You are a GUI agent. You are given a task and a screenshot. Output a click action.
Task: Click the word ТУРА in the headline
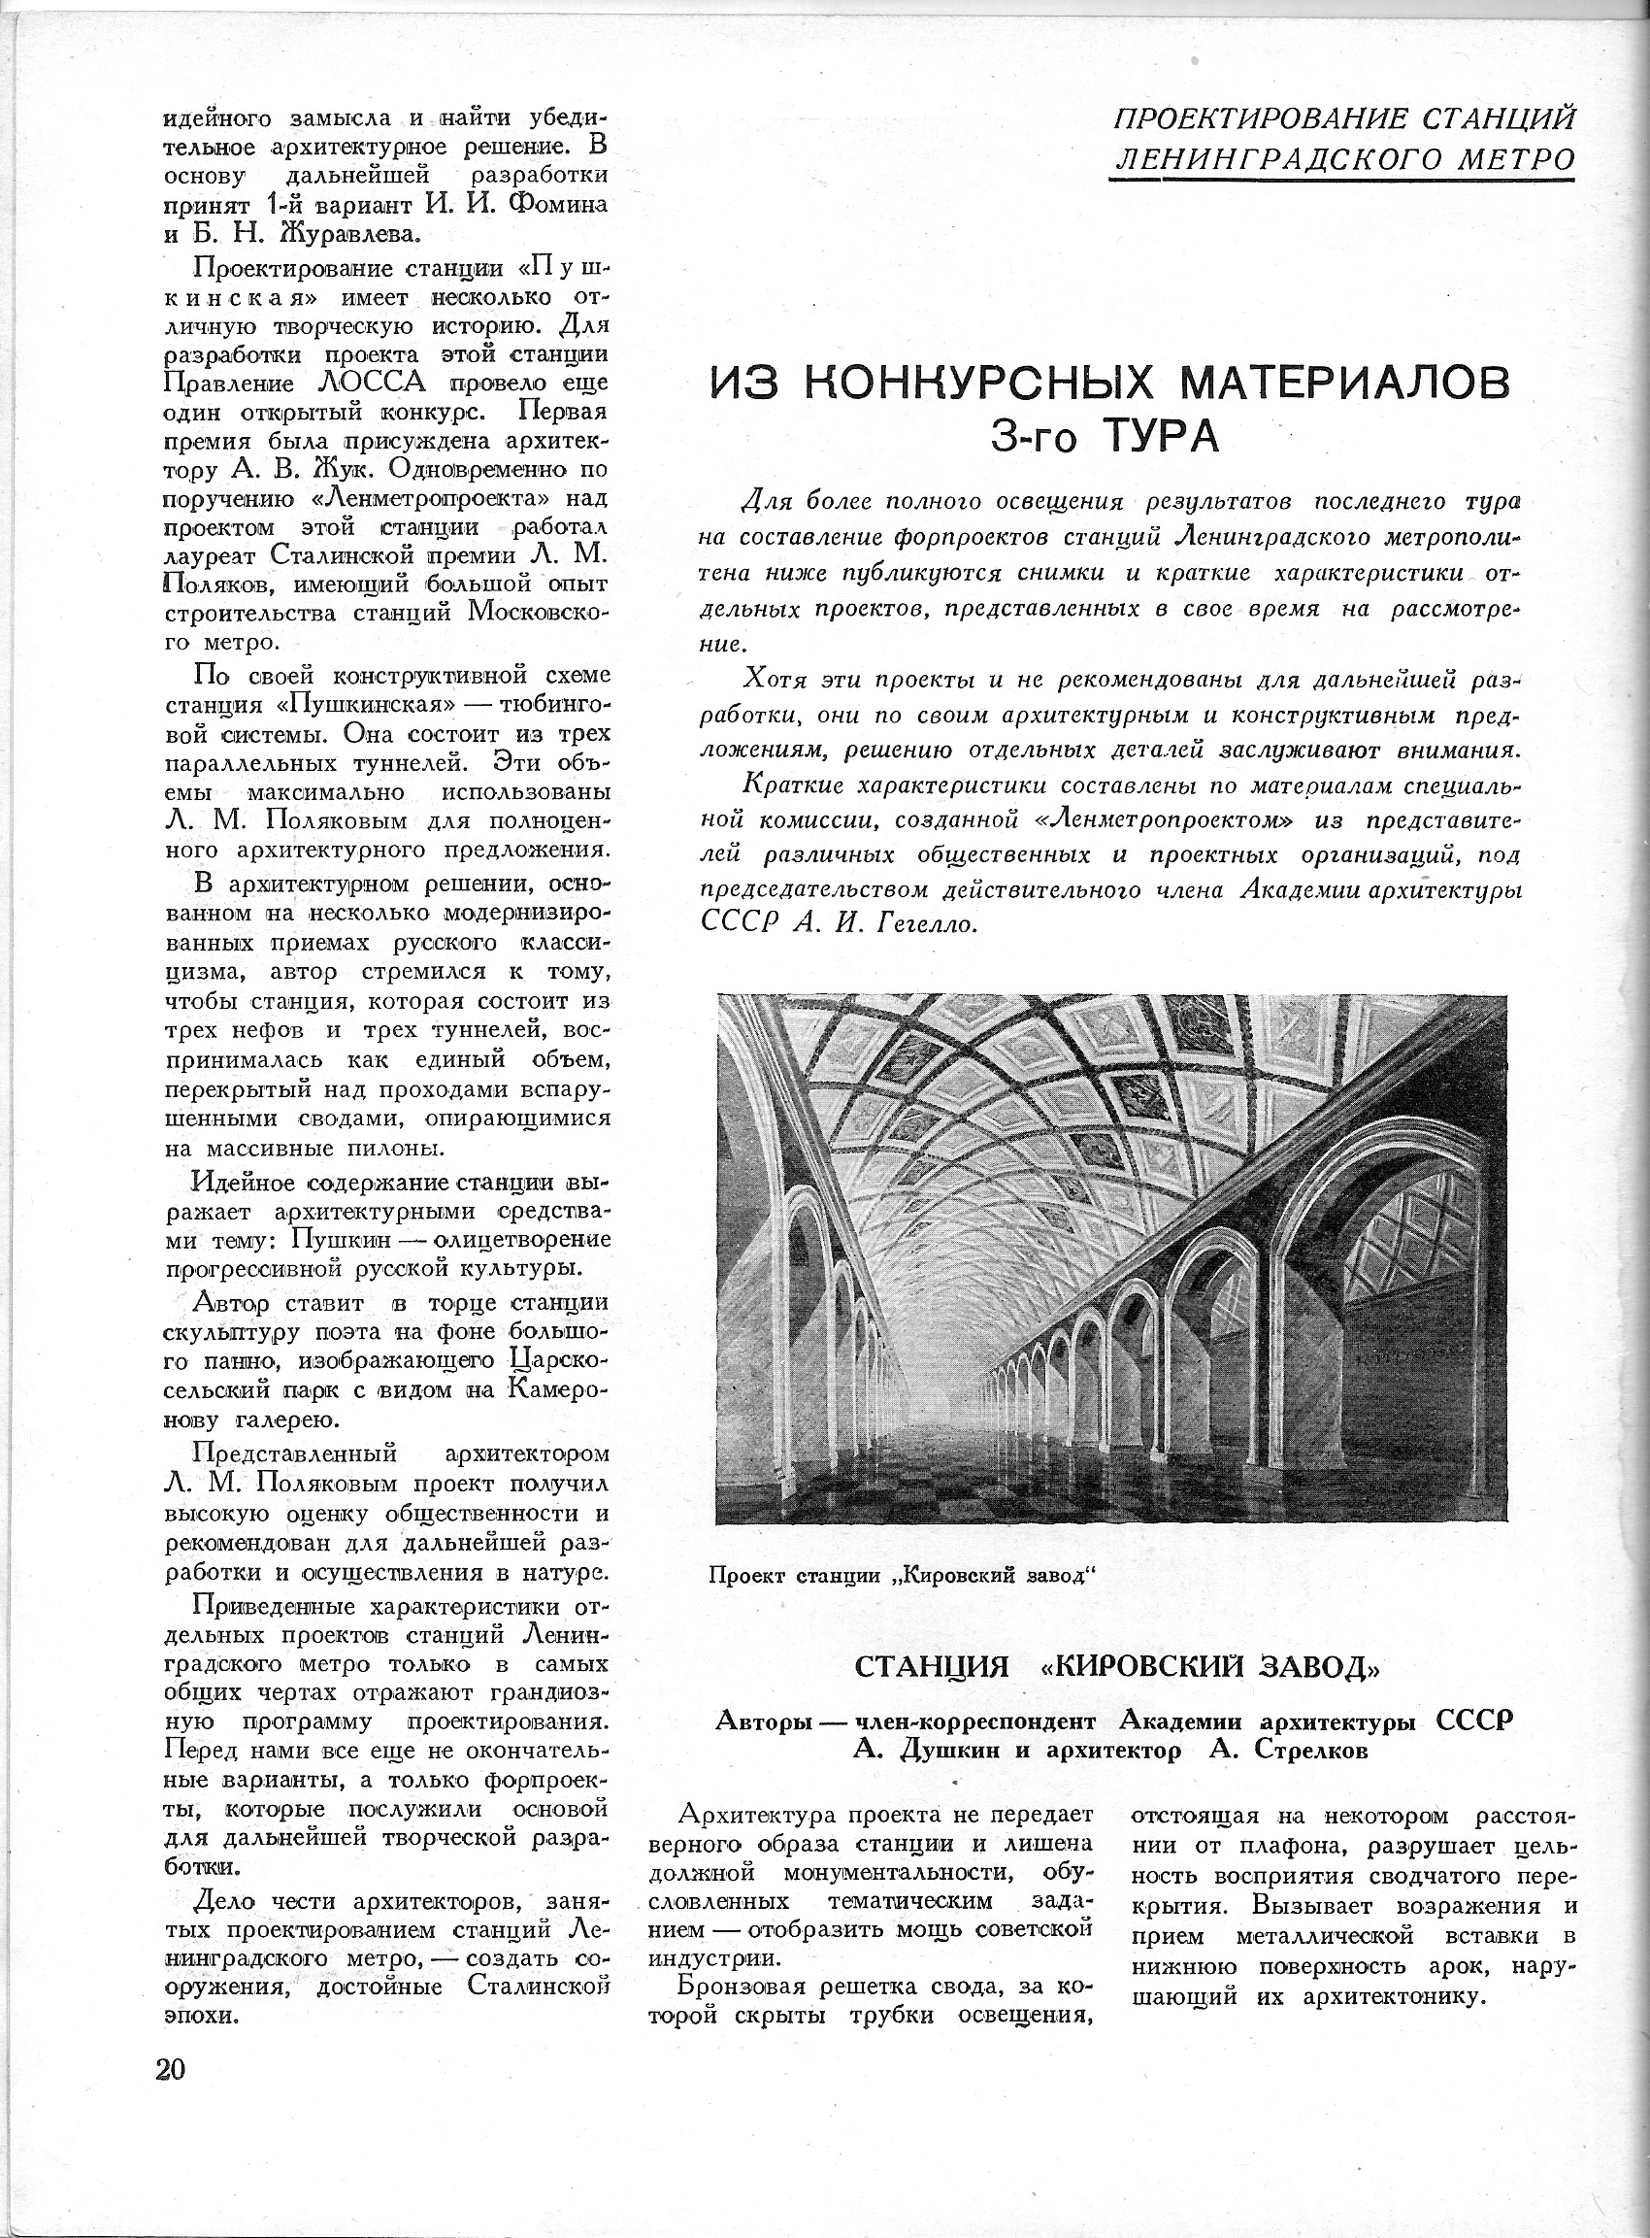click(x=1161, y=437)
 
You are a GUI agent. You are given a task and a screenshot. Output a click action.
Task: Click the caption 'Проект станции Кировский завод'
click(x=903, y=1576)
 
